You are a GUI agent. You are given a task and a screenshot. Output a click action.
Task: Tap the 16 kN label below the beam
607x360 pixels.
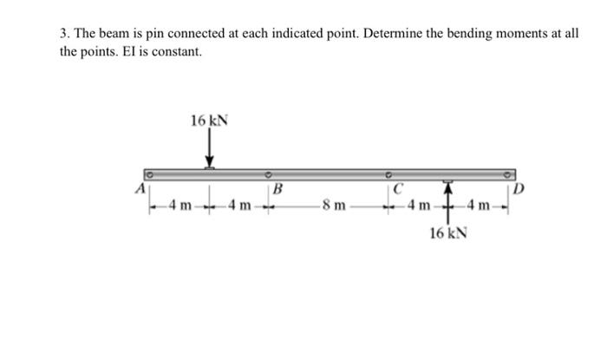pos(447,234)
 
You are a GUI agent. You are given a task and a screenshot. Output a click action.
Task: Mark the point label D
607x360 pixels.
pos(518,189)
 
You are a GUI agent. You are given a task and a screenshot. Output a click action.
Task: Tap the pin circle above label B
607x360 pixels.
pos(268,171)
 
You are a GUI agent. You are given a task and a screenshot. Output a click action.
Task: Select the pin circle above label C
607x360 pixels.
pos(390,171)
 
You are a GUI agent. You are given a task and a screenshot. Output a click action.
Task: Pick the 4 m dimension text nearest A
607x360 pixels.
pos(180,206)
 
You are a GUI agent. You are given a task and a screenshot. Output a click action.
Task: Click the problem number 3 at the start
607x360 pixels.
pos(64,34)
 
